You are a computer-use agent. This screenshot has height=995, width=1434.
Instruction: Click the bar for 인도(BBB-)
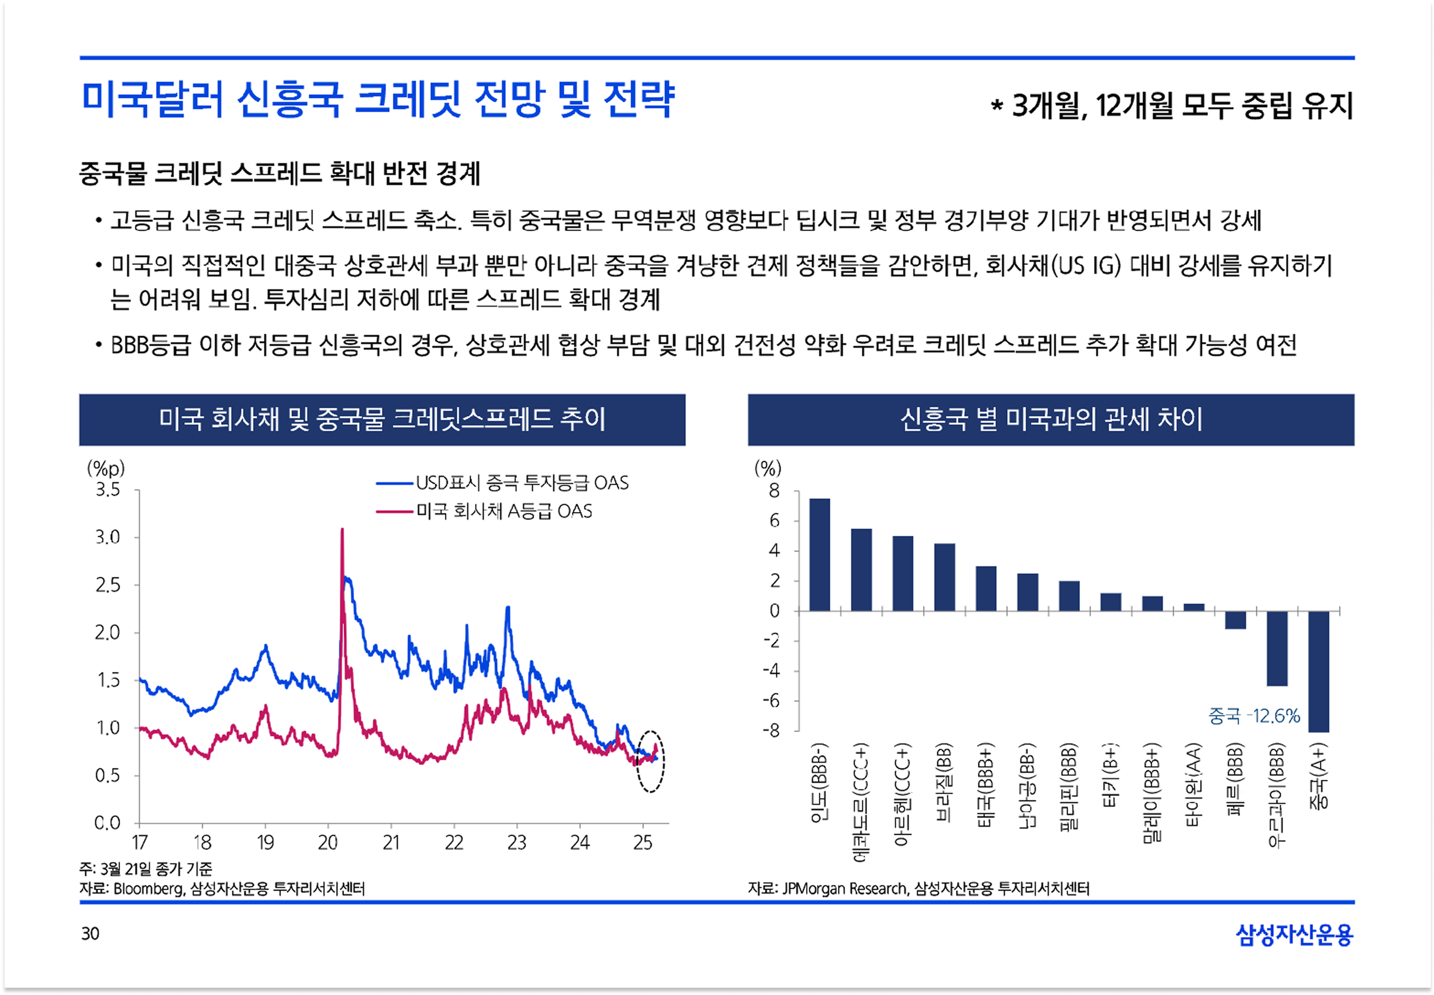pyautogui.click(x=819, y=554)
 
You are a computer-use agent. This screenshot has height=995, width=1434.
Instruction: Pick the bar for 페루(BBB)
pyautogui.click(x=1235, y=620)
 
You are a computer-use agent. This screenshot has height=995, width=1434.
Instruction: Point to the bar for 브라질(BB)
pyautogui.click(x=944, y=577)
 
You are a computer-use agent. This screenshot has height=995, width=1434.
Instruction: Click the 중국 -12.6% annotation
pyautogui.click(x=1254, y=716)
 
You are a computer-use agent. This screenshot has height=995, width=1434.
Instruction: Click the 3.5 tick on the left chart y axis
pyautogui.click(x=108, y=490)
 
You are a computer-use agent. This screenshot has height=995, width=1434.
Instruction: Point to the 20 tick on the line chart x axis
pyautogui.click(x=328, y=843)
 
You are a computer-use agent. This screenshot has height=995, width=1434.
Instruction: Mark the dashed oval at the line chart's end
pyautogui.click(x=650, y=761)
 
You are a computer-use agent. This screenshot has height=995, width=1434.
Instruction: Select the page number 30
pyautogui.click(x=91, y=933)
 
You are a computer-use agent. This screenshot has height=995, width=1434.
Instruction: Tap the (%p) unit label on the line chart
pyautogui.click(x=106, y=468)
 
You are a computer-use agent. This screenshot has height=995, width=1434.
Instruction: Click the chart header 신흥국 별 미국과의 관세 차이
pyautogui.click(x=1050, y=420)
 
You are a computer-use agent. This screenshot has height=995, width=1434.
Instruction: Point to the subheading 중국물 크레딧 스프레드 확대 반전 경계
pyautogui.click(x=280, y=173)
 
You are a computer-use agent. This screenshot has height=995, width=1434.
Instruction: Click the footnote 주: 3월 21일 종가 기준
pyautogui.click(x=146, y=868)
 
